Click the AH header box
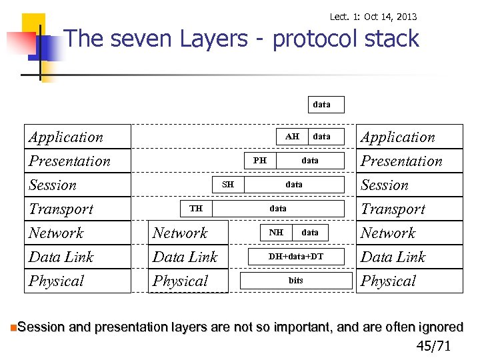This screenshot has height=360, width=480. (x=292, y=137)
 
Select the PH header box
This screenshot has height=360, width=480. (x=260, y=161)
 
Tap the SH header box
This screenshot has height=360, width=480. (x=228, y=185)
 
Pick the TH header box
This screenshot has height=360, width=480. (x=196, y=209)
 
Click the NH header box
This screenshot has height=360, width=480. (x=276, y=233)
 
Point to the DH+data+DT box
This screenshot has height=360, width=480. (x=295, y=257)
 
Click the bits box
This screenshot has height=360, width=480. (x=295, y=281)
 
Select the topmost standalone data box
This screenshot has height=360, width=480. (x=321, y=105)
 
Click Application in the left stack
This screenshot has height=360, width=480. (x=66, y=137)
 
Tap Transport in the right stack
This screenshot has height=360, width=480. (x=393, y=209)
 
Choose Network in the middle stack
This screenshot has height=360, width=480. (x=180, y=233)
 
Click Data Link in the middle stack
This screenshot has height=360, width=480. (x=185, y=257)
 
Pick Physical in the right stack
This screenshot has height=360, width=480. (x=388, y=281)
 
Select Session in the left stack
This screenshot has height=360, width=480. (x=53, y=185)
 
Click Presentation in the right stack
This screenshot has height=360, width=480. (x=401, y=161)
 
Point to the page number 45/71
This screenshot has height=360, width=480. (x=433, y=345)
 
